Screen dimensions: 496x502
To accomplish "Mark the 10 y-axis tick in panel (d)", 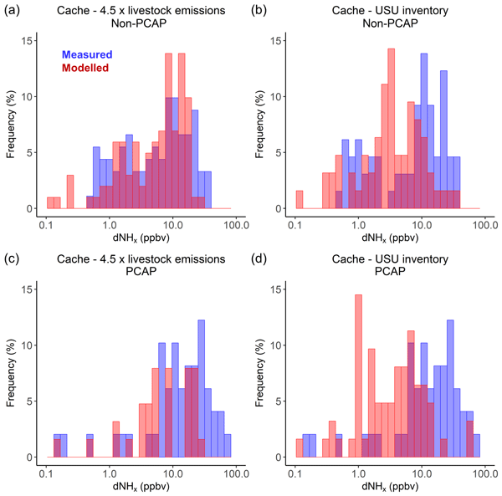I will coord(275,345).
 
